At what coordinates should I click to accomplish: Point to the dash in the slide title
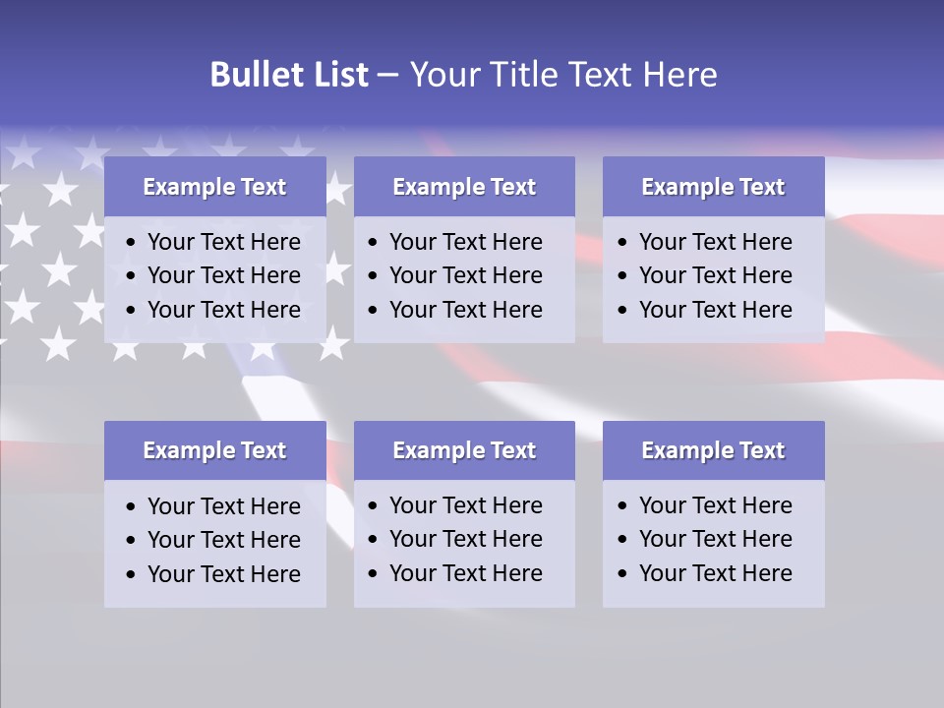pos(388,76)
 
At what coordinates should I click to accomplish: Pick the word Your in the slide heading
pos(443,75)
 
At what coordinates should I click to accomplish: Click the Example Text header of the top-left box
pos(214,187)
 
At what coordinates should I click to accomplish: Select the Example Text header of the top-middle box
pos(464,187)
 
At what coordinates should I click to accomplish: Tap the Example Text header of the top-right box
pos(713,187)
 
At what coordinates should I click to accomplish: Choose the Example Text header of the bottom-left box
pos(214,450)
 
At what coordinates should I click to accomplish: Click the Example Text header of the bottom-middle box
pos(464,450)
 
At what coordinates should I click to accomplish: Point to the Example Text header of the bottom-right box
pos(713,450)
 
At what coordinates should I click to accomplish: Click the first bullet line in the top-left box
pos(223,242)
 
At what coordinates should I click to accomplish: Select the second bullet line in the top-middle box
pos(465,275)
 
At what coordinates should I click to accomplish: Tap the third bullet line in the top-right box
pos(715,310)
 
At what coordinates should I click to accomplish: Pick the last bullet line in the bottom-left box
pos(223,574)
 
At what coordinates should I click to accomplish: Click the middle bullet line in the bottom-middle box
pos(465,539)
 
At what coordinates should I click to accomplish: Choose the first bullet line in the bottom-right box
pos(715,505)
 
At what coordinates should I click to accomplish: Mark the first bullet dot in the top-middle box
pos(373,243)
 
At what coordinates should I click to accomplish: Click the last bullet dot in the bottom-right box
pos(622,574)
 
